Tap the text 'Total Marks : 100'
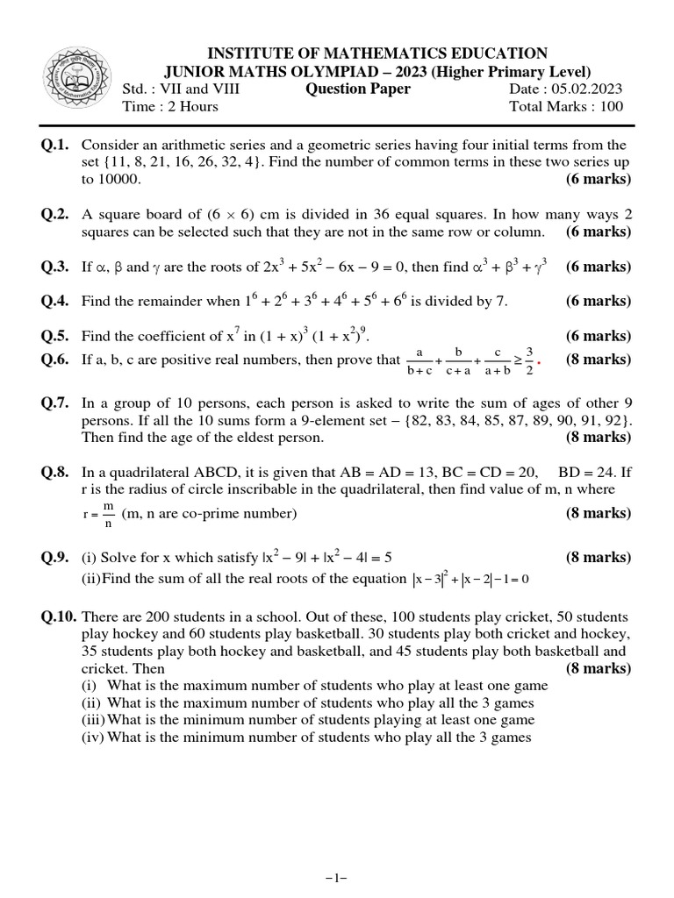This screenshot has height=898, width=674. coord(566,107)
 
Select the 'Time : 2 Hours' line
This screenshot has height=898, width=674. coord(170,107)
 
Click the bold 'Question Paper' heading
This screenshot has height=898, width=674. coord(357,89)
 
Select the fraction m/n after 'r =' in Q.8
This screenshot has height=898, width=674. coord(109,514)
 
